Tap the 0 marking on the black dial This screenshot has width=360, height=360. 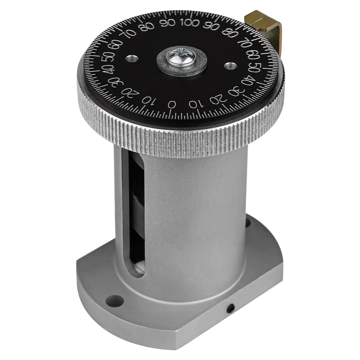point(172,104)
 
